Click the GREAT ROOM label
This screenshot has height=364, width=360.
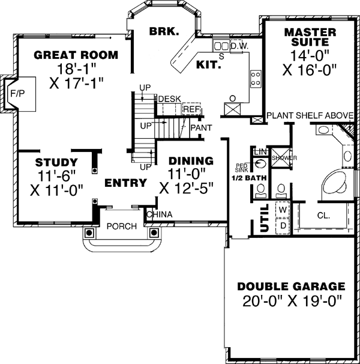coord(76,55)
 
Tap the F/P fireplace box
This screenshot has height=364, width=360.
coord(14,93)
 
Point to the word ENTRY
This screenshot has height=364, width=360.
coord(125,183)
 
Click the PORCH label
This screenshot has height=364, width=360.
coord(122,226)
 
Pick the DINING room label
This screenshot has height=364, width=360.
coord(191,161)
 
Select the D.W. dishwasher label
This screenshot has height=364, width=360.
coord(240,46)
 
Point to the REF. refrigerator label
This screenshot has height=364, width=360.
coord(191,109)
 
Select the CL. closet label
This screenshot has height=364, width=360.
coord(324,214)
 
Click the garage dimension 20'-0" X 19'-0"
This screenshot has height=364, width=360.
coord(290,302)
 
